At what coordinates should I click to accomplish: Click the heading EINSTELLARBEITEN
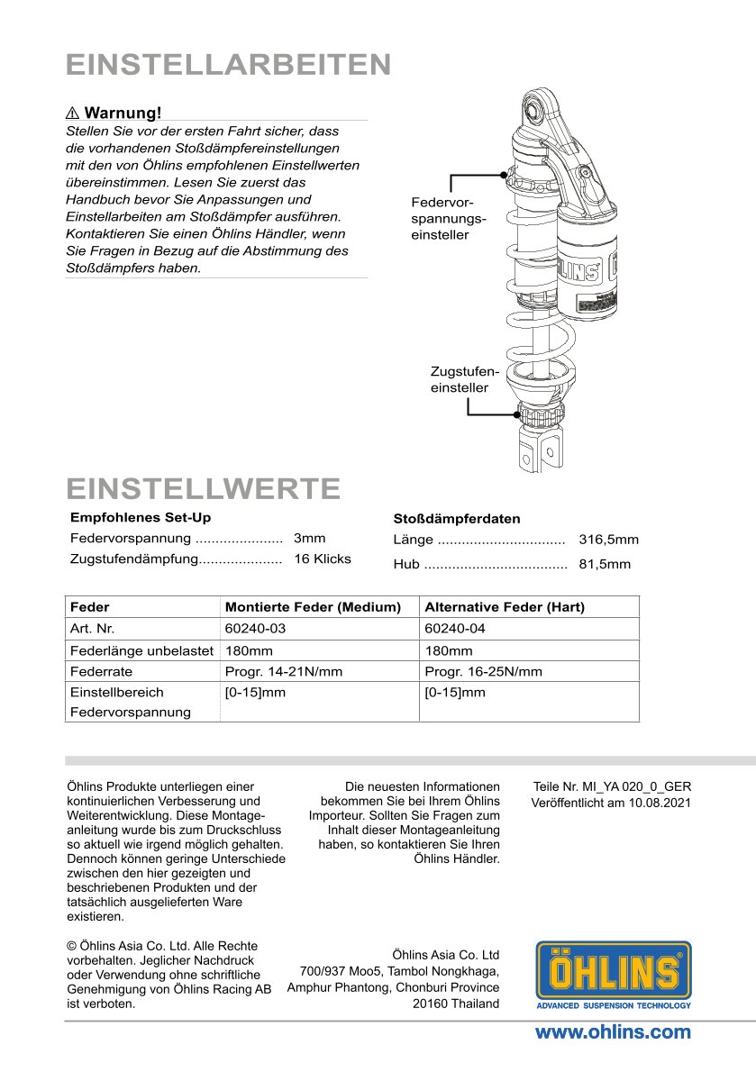pos(228,65)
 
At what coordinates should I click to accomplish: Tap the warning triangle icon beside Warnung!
pos(73,113)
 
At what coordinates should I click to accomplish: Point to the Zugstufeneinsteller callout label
pos(464,378)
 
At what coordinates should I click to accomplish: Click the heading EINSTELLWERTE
pos(204,488)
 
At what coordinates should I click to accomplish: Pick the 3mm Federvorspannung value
pos(309,538)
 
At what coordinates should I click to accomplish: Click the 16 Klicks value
pos(322,559)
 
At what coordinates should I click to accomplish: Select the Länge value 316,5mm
pos(608,540)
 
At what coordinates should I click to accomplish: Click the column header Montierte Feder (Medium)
pos(312,607)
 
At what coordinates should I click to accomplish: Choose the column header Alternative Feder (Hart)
pos(504,607)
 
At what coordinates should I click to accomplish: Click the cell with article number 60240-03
pos(254,629)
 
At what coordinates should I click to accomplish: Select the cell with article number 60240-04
pos(454,629)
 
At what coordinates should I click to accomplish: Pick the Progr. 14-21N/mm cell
pos(283,672)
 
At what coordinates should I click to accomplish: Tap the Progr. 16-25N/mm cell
pos(483,672)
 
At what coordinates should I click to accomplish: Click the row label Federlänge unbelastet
pos(141,650)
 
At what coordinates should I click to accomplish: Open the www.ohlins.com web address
pos(613,1032)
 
